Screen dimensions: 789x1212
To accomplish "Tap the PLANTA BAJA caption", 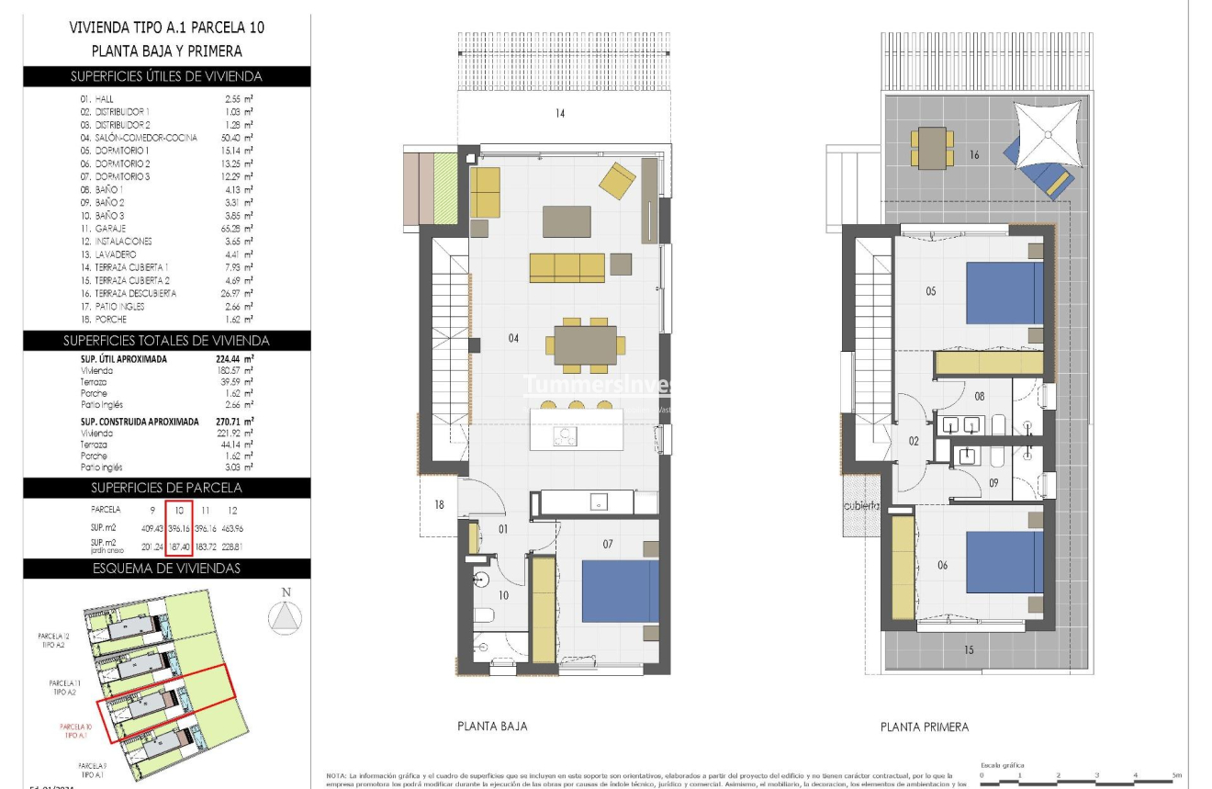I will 492,727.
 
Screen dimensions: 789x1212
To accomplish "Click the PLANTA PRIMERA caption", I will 924,727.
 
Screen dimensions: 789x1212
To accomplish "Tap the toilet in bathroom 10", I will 484,615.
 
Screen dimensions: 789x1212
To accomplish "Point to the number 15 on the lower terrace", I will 969,649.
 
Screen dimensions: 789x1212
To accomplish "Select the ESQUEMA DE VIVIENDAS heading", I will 166,568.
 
